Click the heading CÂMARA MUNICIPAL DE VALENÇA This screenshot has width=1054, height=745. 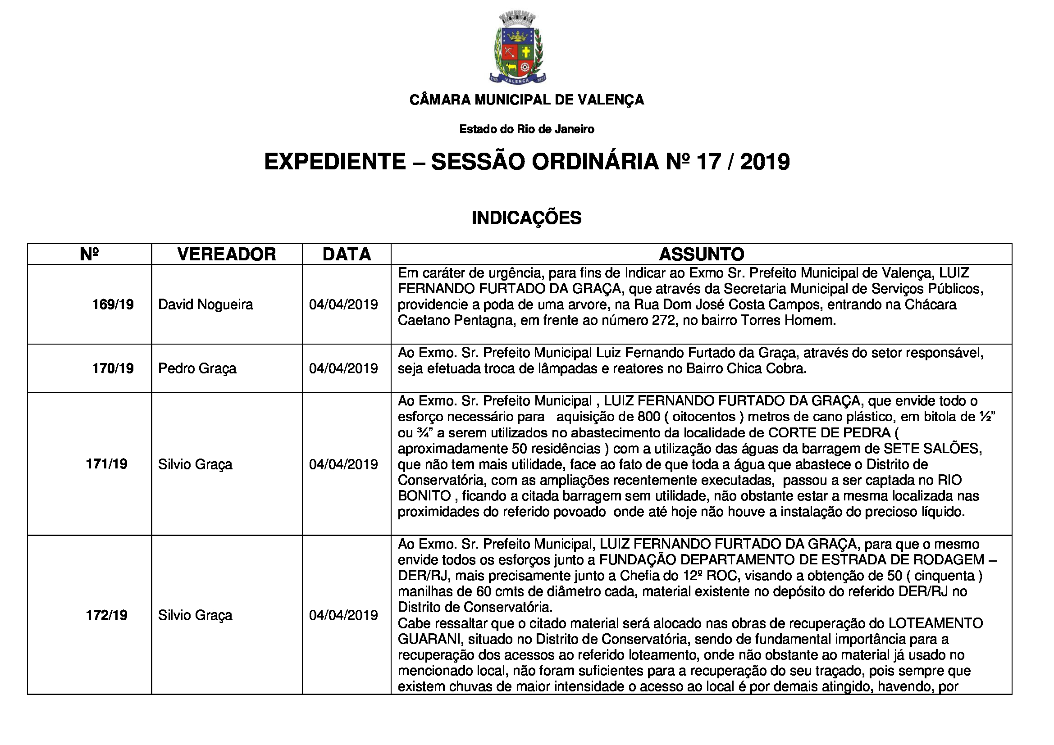526,100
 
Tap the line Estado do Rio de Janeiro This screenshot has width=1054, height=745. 526,129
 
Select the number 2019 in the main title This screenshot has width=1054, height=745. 765,162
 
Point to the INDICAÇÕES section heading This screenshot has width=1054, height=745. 526,218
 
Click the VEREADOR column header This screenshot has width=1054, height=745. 226,254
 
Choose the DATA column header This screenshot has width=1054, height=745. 347,254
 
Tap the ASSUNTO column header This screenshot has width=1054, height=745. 702,254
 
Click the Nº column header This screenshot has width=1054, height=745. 89,254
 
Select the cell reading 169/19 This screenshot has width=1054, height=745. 113,304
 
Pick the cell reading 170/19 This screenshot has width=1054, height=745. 113,368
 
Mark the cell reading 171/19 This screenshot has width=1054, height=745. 106,464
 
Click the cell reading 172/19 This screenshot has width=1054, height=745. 106,615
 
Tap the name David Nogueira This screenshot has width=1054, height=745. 205,304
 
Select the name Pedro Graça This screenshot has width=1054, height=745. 197,368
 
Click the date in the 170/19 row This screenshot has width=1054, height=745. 343,368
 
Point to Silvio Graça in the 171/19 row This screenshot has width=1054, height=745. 195,464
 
